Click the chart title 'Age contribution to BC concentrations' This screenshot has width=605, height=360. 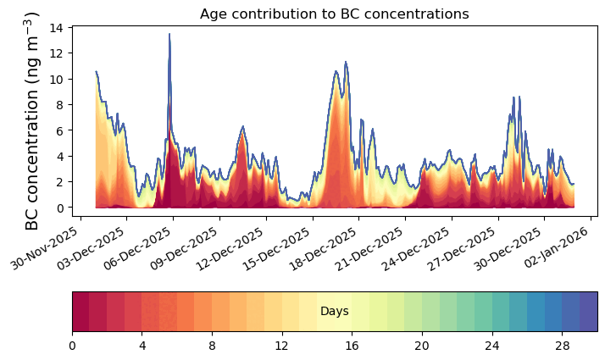[x=334, y=14]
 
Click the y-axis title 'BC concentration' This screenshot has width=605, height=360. [x=33, y=121]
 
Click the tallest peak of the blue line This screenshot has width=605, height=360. [x=169, y=35]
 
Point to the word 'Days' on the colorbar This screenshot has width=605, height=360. [x=334, y=312]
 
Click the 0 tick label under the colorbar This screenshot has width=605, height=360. [x=72, y=346]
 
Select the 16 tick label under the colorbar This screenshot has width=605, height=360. [x=352, y=346]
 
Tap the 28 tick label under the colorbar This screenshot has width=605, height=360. [x=562, y=346]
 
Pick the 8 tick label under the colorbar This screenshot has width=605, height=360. [x=212, y=346]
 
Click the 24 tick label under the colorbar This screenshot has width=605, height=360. [x=491, y=346]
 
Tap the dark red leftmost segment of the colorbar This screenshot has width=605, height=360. [x=80, y=312]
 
